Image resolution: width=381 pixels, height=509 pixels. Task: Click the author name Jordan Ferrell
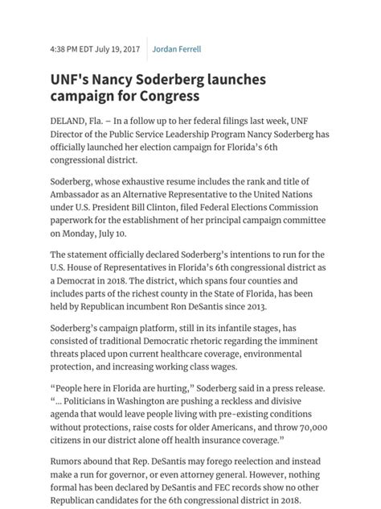pos(177,49)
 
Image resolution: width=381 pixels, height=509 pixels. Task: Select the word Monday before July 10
pos(89,234)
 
